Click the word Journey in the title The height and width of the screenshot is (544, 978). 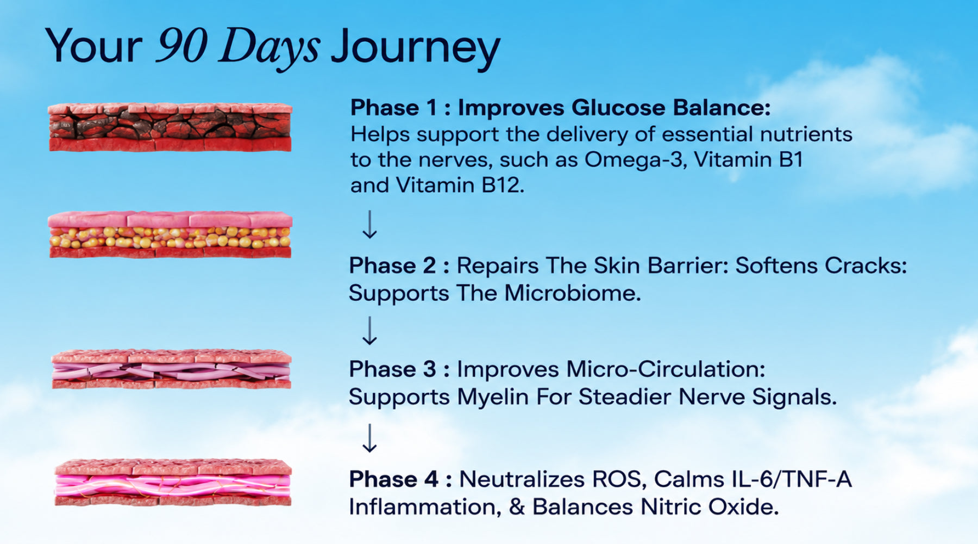coord(416,48)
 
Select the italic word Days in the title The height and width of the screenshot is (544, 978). coord(269,48)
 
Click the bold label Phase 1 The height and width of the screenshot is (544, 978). coord(393,108)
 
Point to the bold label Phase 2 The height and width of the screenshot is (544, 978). coord(392,265)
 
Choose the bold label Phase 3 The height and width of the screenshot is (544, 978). coord(392,369)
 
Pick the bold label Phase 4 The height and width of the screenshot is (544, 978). coord(393,479)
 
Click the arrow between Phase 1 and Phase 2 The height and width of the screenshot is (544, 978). coord(369,225)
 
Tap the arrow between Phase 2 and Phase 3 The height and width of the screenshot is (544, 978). coord(369,331)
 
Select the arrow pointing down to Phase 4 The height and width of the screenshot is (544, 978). coord(369,438)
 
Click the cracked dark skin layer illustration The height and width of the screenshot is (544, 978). coord(170,127)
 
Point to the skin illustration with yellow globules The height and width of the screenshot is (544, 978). coord(170,234)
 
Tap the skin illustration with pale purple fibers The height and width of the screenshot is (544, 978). coord(171,369)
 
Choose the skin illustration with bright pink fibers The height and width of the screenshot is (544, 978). coord(173,482)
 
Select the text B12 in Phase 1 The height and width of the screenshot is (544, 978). coord(503,186)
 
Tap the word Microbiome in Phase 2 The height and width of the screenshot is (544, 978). coord(573,293)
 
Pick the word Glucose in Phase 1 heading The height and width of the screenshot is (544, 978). coord(618,108)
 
